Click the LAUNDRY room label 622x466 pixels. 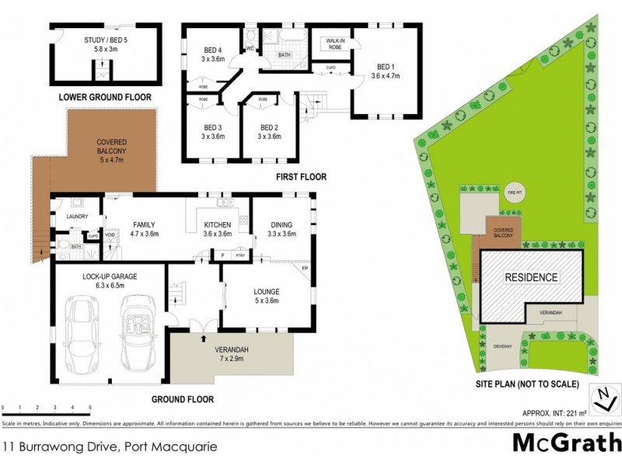point(77,217)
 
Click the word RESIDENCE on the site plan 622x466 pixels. point(532,277)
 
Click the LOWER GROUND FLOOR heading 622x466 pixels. point(104,98)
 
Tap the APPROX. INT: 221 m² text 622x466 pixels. point(550,413)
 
